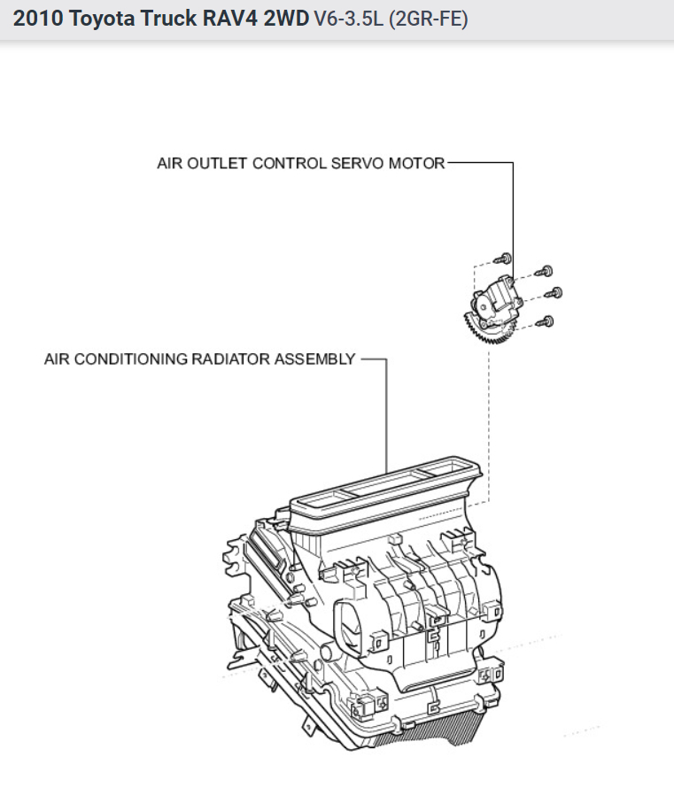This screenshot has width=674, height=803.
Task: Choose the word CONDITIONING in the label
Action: point(131,359)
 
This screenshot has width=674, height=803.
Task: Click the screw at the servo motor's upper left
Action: point(504,258)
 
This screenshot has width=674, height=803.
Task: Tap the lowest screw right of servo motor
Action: point(549,320)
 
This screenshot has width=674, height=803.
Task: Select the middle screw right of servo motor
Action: point(557,293)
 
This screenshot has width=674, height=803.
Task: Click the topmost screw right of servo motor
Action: point(547,271)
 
